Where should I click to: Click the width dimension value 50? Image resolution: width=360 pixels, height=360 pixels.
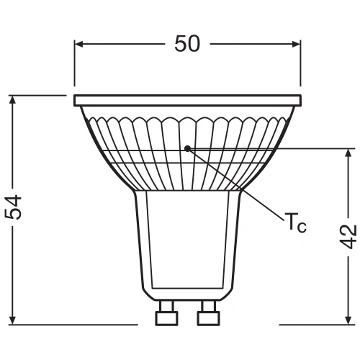(x=187, y=44)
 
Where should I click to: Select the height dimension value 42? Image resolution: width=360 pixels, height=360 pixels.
(x=348, y=236)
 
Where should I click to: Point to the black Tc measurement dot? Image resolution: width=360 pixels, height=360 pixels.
(x=187, y=148)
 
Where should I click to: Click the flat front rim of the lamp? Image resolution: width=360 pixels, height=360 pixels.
(x=187, y=99)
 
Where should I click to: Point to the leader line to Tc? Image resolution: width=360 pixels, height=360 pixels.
(x=238, y=188)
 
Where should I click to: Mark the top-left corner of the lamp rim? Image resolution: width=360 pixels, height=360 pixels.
(x=75, y=95)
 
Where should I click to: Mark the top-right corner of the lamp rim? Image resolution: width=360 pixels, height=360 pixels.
(x=300, y=95)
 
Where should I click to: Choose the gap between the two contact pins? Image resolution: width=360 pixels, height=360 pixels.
(x=187, y=315)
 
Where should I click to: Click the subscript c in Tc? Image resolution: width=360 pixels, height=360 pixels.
(x=302, y=228)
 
